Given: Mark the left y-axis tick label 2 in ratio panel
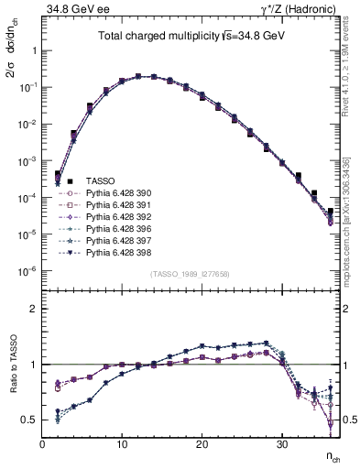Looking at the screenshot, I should coord(33,309).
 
